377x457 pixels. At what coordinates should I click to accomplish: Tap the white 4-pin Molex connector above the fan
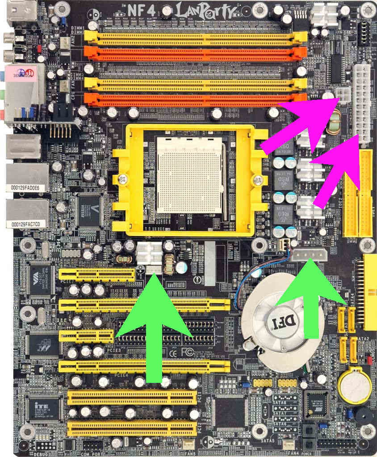(310, 255)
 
